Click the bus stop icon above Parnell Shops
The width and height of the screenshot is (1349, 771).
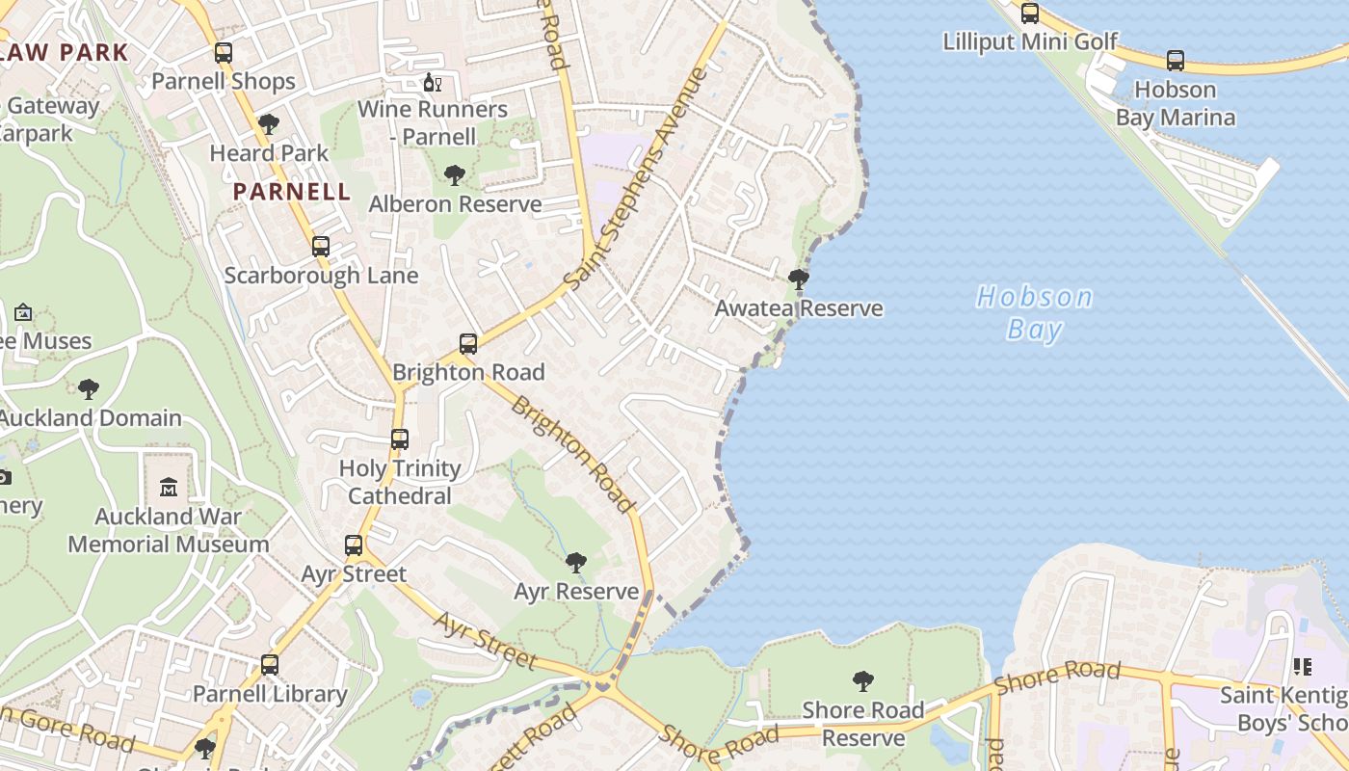[224, 53]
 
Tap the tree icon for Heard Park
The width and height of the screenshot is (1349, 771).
[269, 124]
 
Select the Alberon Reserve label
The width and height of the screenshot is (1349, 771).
[455, 204]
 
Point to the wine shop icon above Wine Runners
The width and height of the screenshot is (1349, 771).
[433, 83]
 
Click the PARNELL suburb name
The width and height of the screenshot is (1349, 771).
[292, 191]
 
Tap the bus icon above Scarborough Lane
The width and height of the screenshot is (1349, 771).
[321, 247]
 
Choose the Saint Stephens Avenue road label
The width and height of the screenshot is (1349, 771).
[636, 179]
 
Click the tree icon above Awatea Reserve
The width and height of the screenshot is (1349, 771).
[798, 280]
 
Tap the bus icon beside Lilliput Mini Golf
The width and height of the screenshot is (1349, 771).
[1030, 13]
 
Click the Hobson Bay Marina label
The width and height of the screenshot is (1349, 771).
[1175, 104]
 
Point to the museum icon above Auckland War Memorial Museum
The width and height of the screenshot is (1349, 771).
[169, 487]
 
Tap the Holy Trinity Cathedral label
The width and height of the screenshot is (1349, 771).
[400, 482]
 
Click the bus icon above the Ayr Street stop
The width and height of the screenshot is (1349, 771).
[354, 545]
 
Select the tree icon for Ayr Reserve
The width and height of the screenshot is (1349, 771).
[576, 562]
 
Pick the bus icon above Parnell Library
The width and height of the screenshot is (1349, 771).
[270, 665]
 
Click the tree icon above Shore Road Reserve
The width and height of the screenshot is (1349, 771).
[863, 681]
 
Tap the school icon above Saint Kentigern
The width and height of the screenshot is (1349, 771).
[1303, 666]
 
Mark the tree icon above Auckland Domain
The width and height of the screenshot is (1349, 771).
[89, 389]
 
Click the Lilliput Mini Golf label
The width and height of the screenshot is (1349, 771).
[1030, 41]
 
